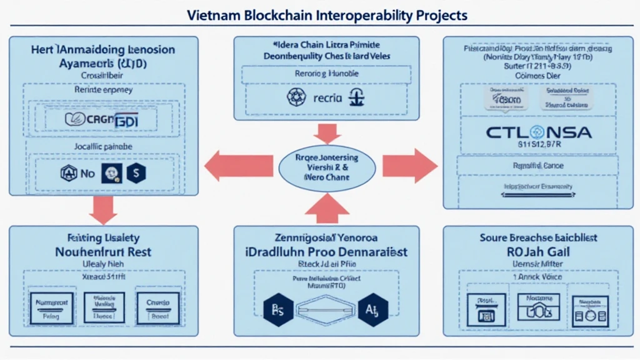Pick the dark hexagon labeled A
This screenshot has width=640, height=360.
(372, 309)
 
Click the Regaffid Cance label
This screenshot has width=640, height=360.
(538, 166)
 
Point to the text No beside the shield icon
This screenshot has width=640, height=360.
(87, 173)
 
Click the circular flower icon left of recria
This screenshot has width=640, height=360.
(294, 97)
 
